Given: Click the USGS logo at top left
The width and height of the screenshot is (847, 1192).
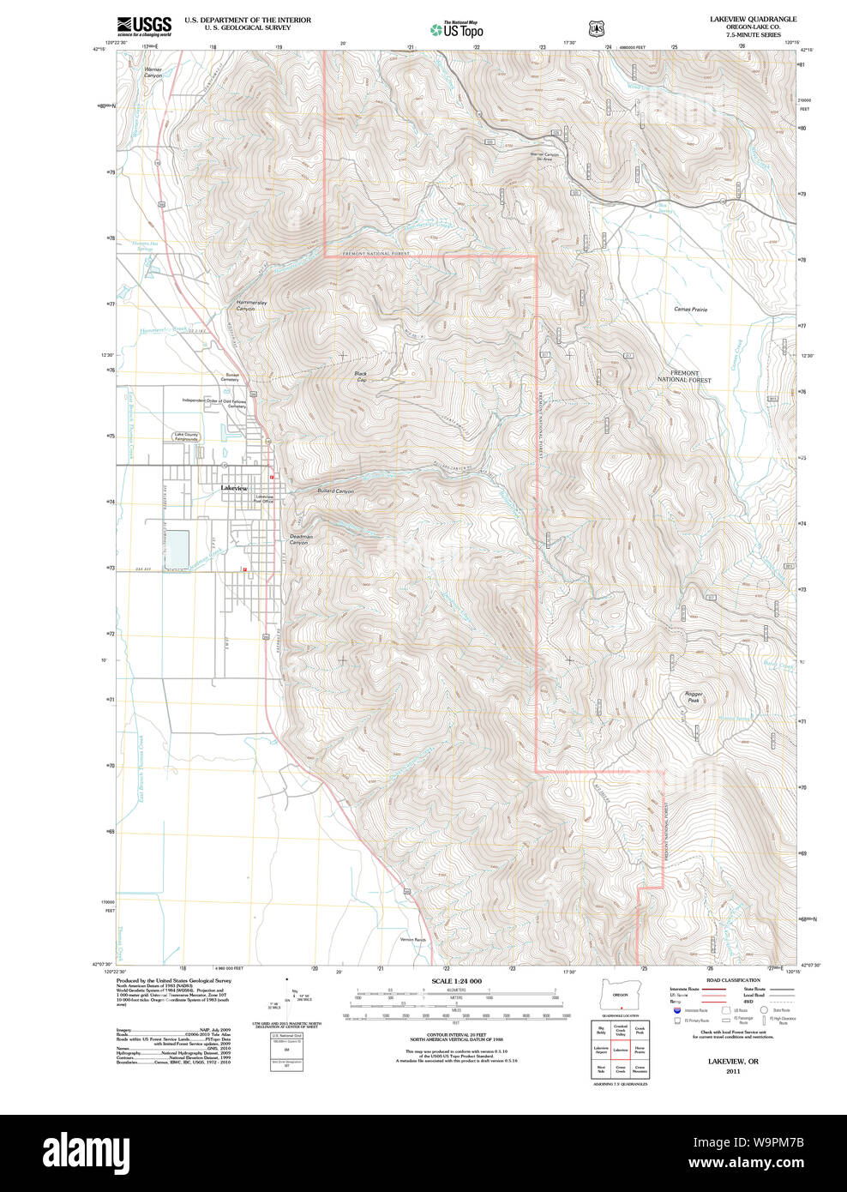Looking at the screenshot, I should pos(144,25).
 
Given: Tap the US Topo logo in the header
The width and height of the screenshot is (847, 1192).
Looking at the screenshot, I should pos(458,30).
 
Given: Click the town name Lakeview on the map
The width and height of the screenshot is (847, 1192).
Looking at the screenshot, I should pos(233,488).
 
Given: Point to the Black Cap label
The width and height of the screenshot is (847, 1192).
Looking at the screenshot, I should pos(360,376).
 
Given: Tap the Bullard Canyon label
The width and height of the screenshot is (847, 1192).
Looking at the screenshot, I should pos(335,491).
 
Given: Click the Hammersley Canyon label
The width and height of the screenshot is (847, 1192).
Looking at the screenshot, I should pos(245,305).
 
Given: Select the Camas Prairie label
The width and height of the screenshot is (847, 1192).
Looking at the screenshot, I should pos(690,309).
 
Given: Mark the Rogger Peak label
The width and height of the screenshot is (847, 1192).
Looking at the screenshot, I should pos(693,697).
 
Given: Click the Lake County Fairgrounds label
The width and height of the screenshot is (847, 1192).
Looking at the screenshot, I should pos(186,436).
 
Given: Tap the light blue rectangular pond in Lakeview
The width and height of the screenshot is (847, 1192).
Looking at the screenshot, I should pos(177,549).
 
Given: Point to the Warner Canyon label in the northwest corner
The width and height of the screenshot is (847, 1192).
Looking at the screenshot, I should pos(153,72).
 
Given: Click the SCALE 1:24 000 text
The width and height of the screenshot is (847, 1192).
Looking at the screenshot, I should pos(456,981).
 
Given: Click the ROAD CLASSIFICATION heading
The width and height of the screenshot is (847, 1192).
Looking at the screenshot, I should pos(733,980).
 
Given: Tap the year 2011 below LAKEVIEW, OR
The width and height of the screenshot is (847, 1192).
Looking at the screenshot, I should pos(732,1071).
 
